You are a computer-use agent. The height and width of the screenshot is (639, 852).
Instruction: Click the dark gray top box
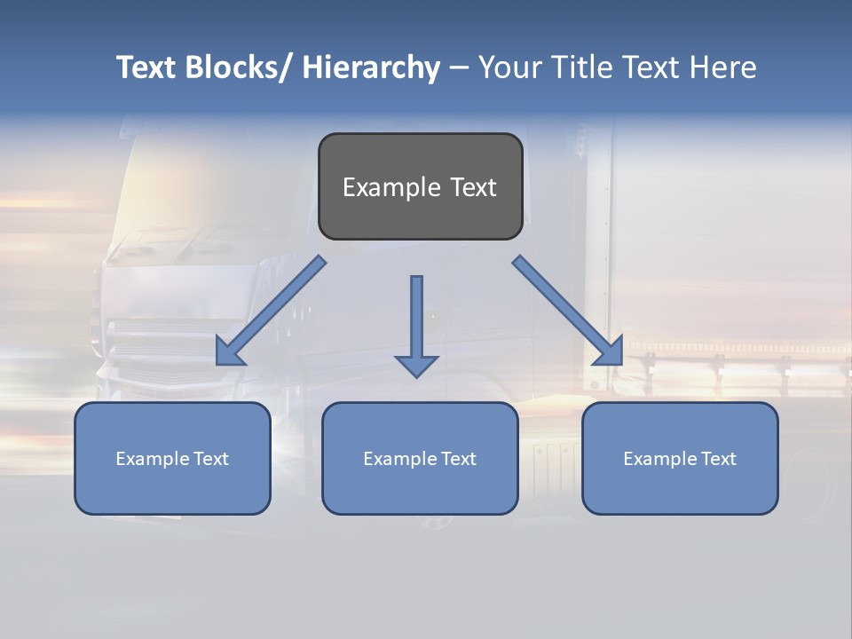pyautogui.click(x=420, y=186)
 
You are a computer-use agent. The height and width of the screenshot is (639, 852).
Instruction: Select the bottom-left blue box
pyautogui.click(x=172, y=459)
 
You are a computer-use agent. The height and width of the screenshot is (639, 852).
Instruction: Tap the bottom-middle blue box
pyautogui.click(x=420, y=459)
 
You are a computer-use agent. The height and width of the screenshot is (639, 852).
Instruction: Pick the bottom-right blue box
pyautogui.click(x=680, y=459)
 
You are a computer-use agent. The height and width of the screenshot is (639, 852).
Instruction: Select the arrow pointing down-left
pyautogui.click(x=271, y=312)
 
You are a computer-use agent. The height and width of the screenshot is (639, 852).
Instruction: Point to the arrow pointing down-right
pyautogui.click(x=568, y=311)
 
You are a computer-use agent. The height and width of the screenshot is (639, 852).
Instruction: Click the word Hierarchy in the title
pyautogui.click(x=371, y=67)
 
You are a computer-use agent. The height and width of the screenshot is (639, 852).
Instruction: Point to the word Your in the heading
pyautogui.click(x=511, y=67)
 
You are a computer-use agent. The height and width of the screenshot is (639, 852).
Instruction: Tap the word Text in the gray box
pyautogui.click(x=473, y=187)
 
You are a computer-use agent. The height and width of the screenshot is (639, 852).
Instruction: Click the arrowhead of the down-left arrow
pyautogui.click(x=229, y=352)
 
